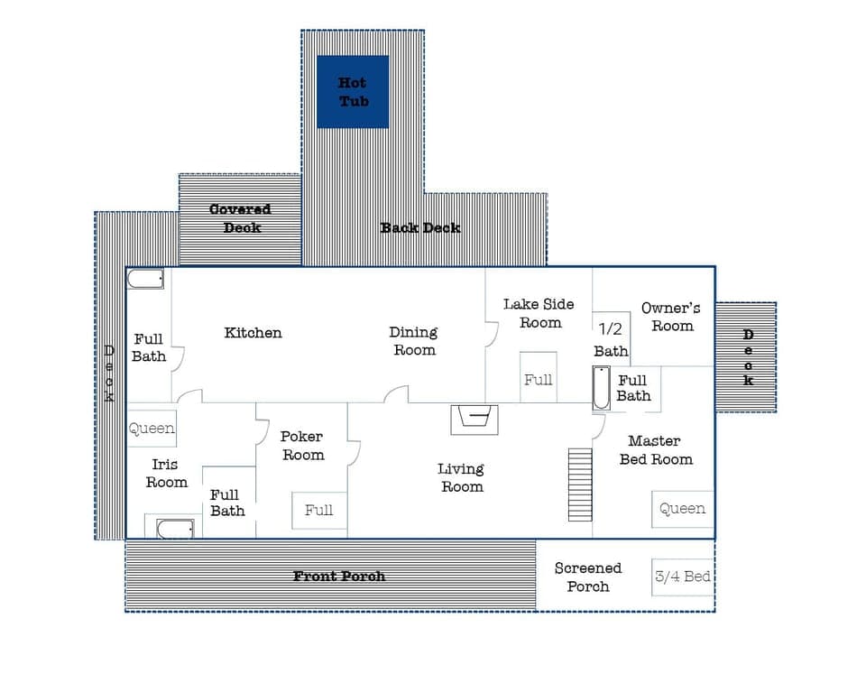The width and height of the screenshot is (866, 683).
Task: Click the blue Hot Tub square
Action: [x=353, y=91]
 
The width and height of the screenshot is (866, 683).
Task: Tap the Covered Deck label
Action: [x=240, y=218]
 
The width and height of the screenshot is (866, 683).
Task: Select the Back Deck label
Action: [x=420, y=227]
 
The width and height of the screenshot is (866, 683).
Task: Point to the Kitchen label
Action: [x=253, y=333]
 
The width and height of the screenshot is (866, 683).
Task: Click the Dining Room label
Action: [x=413, y=341]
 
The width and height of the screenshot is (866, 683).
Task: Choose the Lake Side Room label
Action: [x=539, y=313]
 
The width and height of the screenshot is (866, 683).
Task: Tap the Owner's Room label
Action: [x=671, y=317]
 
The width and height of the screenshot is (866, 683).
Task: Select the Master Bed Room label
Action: [x=655, y=449]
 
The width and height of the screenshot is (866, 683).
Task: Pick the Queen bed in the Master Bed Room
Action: [x=683, y=509]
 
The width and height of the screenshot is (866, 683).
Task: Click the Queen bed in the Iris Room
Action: [x=152, y=429]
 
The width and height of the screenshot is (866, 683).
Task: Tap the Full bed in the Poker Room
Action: [x=319, y=510]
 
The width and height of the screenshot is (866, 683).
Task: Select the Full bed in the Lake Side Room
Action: [x=539, y=379]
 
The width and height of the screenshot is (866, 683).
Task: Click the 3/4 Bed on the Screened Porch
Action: [x=683, y=577]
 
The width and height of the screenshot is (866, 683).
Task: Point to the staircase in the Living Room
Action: [x=580, y=484]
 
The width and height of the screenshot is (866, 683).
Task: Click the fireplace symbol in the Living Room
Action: [x=474, y=418]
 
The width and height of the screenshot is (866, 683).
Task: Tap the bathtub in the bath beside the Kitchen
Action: [x=145, y=279]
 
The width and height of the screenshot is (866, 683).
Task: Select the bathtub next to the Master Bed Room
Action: [x=601, y=388]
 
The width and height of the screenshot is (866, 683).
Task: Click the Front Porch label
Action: [x=339, y=576]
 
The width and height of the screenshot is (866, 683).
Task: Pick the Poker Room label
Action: [x=303, y=446]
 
